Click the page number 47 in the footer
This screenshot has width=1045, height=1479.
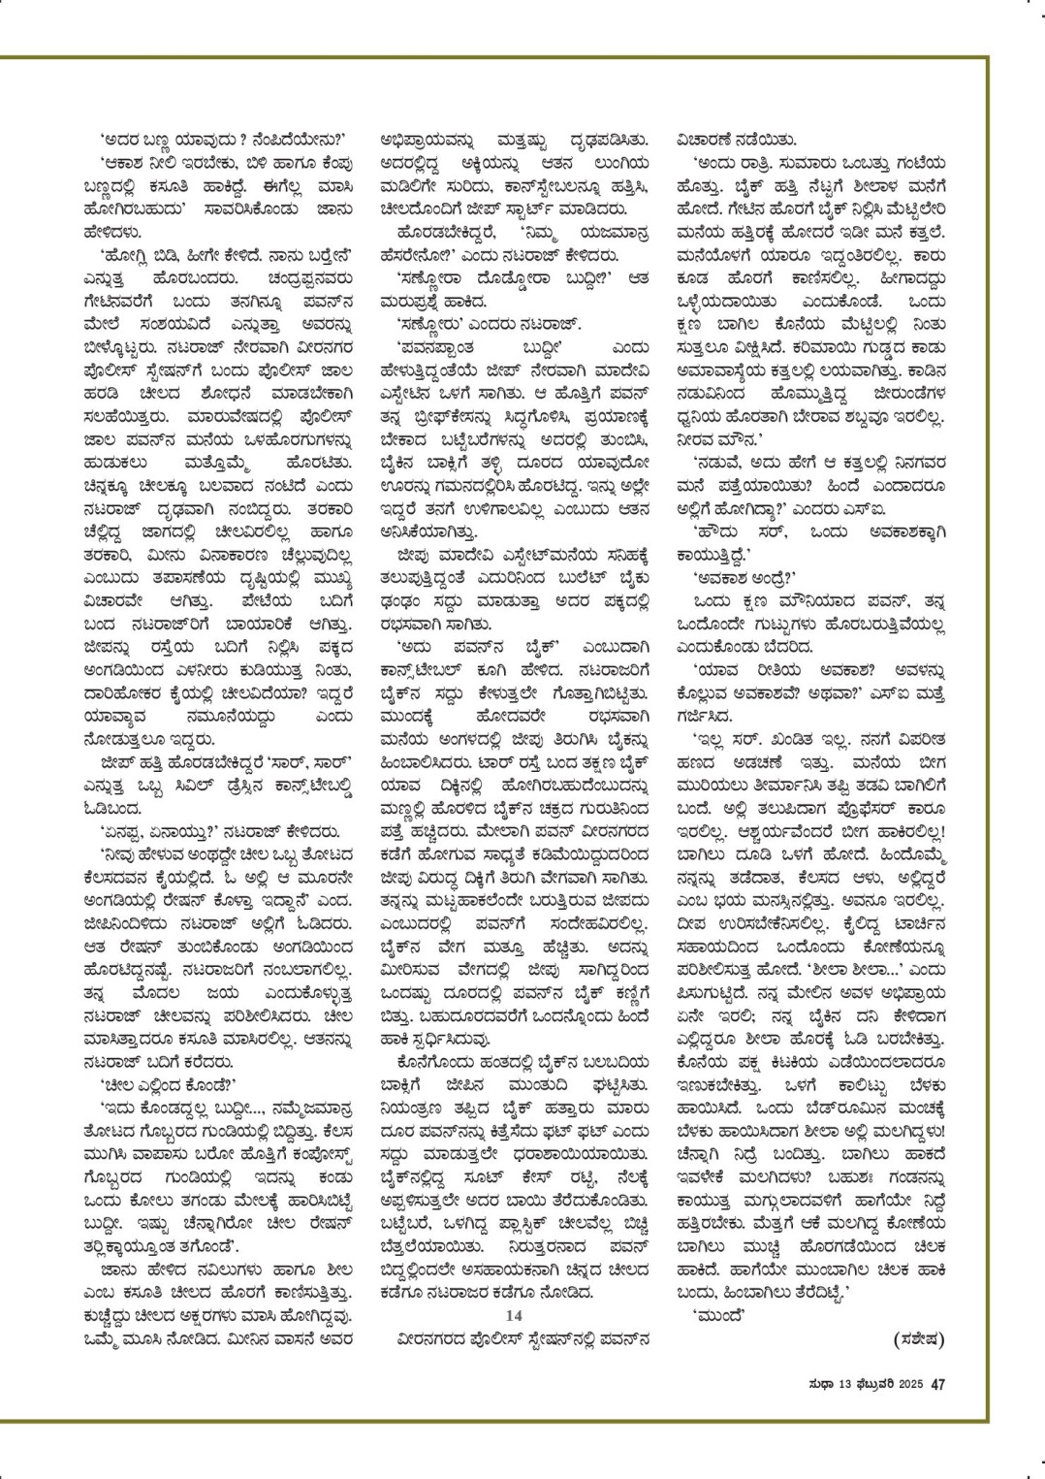point(937,1385)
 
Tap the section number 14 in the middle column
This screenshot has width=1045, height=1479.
point(514,1314)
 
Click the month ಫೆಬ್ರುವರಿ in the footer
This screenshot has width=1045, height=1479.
point(871,1385)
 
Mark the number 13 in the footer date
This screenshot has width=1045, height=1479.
point(841,1385)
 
